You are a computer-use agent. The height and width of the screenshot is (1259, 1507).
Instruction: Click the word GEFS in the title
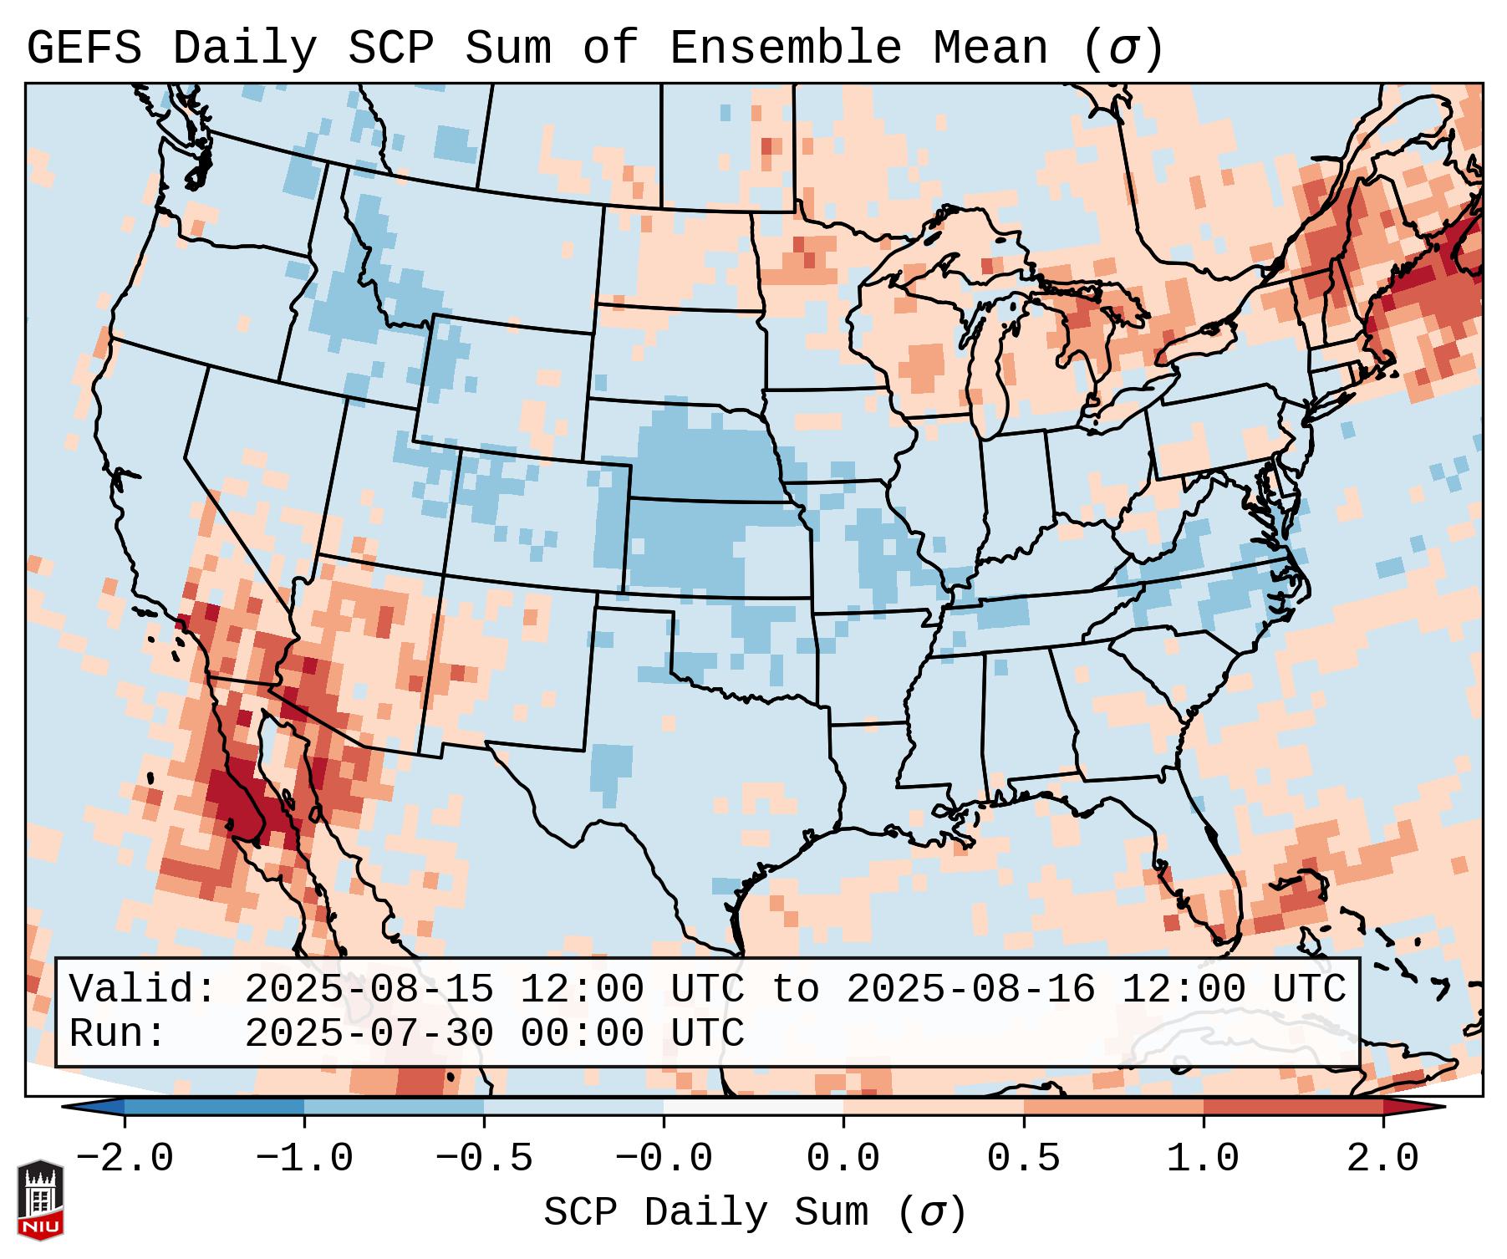pos(84,48)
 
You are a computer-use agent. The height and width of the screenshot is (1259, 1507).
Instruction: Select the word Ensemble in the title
pos(786,48)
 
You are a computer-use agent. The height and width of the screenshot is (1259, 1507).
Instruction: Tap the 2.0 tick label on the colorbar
pos(1383,1159)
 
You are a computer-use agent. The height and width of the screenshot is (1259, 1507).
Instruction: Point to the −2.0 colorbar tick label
pos(124,1159)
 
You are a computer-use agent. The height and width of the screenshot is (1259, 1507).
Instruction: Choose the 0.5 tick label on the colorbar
pos(1023,1159)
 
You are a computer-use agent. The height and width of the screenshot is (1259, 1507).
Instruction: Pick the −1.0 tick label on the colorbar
pos(303,1159)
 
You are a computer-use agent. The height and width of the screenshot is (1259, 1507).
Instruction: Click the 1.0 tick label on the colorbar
pos(1203,1159)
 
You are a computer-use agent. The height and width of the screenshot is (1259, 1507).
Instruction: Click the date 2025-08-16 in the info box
pos(970,989)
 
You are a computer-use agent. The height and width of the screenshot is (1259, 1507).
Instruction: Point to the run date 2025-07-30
pos(369,1033)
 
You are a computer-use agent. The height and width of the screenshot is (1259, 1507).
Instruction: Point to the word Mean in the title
pos(990,48)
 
